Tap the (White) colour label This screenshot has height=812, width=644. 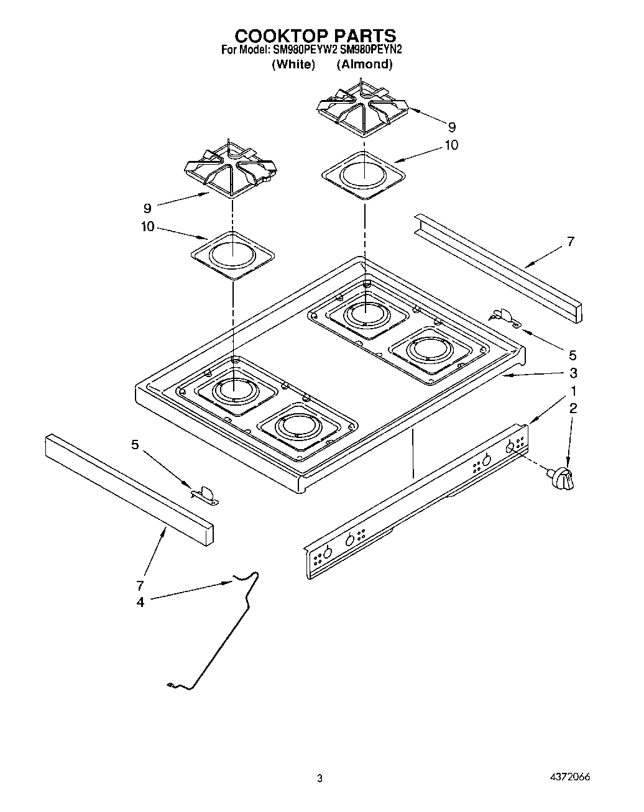294,64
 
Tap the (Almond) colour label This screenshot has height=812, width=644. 364,64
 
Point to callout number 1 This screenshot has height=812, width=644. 573,391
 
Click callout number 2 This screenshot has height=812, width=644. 573,408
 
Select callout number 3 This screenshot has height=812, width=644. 573,373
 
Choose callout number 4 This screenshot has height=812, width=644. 140,601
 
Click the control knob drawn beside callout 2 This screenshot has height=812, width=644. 562,478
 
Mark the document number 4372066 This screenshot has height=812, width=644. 569,777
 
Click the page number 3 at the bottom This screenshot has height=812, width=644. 320,778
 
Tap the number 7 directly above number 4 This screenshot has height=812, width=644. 140,585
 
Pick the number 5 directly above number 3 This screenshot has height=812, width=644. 573,355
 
